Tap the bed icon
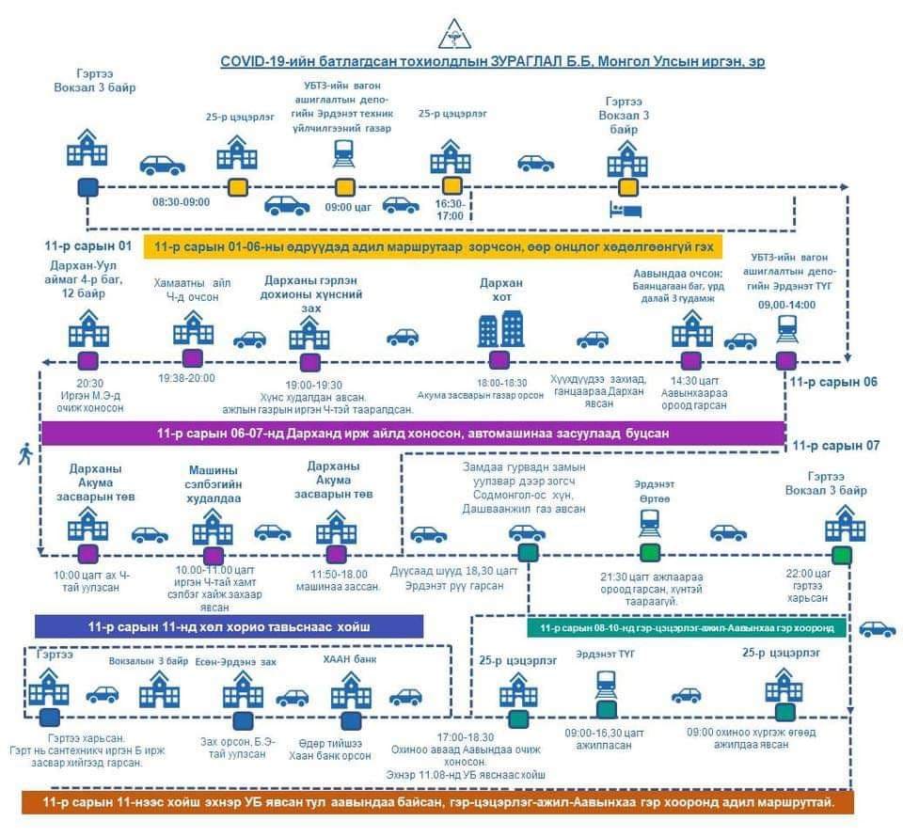click(626, 209)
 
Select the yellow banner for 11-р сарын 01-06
click(433, 247)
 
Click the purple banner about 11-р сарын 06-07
click(413, 433)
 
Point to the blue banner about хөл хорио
click(229, 626)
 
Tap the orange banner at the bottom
click(437, 802)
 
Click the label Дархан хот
click(500, 290)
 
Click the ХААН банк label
click(349, 661)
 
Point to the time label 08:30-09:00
click(181, 201)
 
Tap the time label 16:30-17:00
click(450, 210)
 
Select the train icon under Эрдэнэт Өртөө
click(649, 520)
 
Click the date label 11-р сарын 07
click(835, 446)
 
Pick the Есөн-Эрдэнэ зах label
click(243, 661)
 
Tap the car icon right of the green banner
click(877, 629)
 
